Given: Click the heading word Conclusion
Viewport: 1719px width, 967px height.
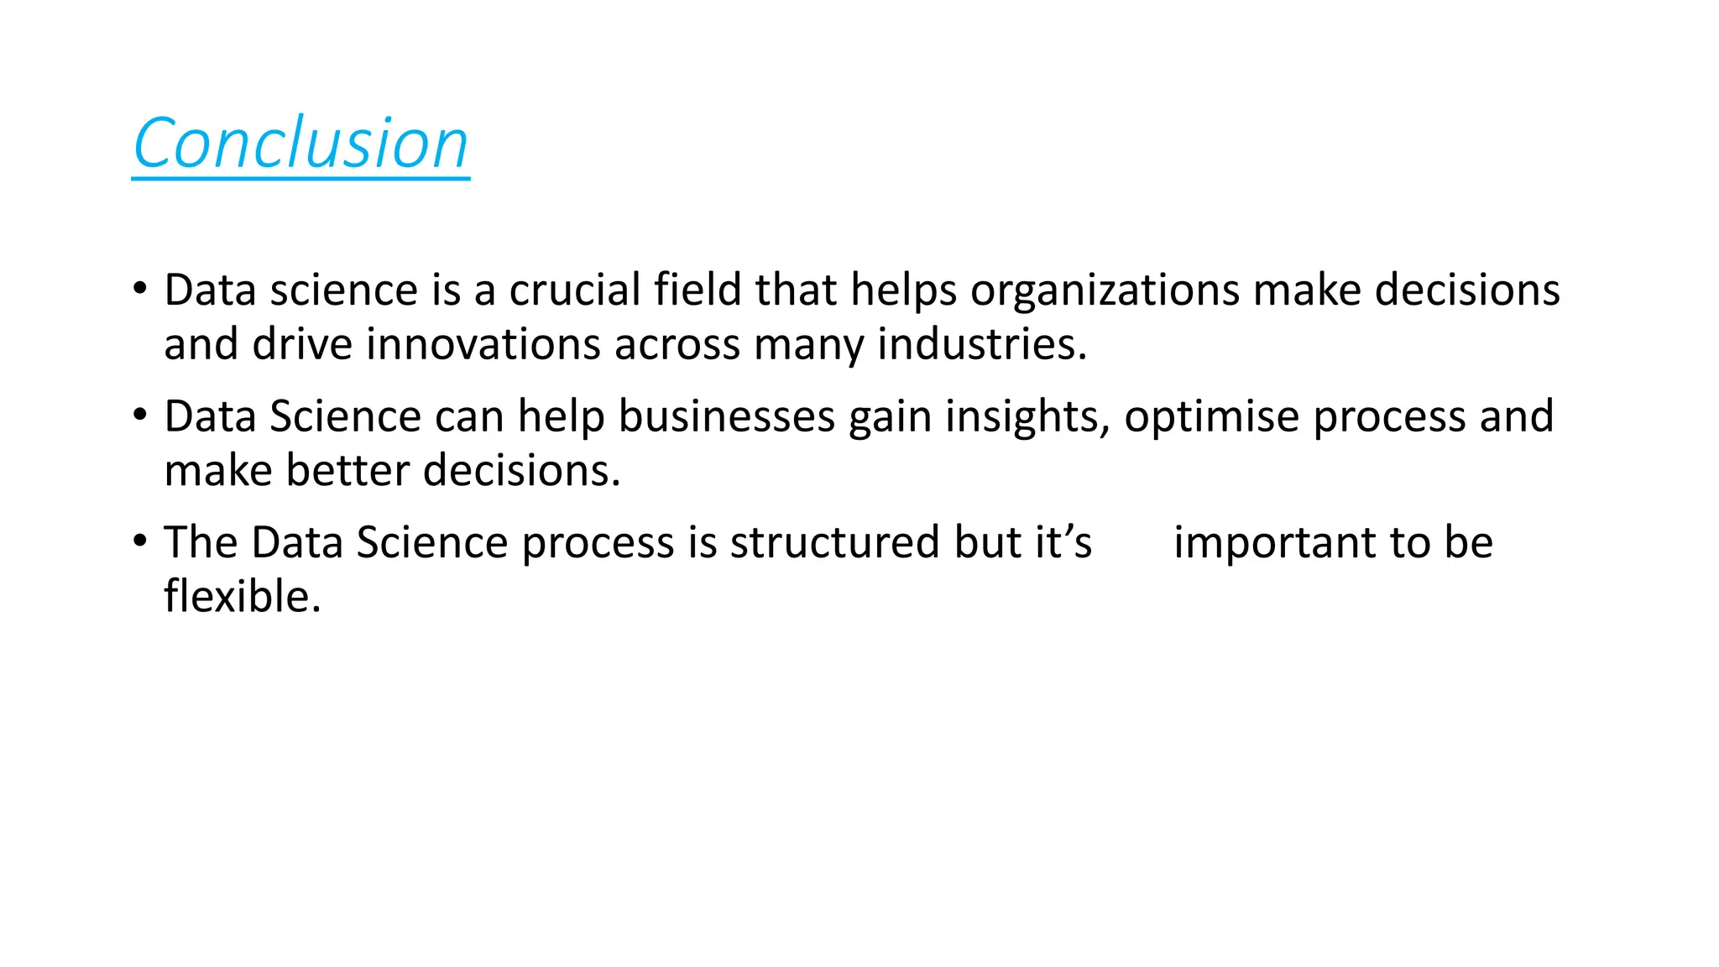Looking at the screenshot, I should (x=300, y=144).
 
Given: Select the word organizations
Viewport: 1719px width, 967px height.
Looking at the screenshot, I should (x=1105, y=291).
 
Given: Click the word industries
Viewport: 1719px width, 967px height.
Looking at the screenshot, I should (x=982, y=344).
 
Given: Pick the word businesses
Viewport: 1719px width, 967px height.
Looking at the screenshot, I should (x=727, y=416).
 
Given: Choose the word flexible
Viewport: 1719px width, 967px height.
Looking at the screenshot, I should (x=243, y=597).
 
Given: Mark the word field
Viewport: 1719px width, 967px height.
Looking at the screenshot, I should (x=698, y=290).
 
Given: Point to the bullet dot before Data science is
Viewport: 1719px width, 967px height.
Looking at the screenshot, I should (x=140, y=288).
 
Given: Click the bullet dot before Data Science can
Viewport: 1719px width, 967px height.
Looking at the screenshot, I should (x=140, y=415).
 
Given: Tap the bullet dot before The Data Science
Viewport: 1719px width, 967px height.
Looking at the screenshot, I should (x=140, y=541).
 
